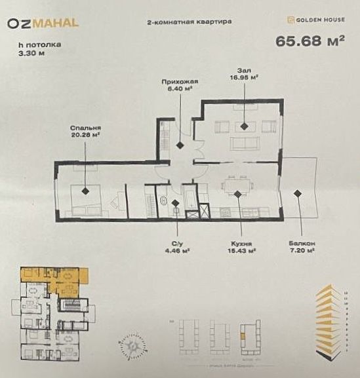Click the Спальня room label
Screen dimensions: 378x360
[84, 128]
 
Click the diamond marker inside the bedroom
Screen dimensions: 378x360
[85, 191]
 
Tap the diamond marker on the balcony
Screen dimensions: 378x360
[298, 193]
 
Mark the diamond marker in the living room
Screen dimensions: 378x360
[243, 124]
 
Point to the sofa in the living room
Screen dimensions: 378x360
[244, 143]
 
